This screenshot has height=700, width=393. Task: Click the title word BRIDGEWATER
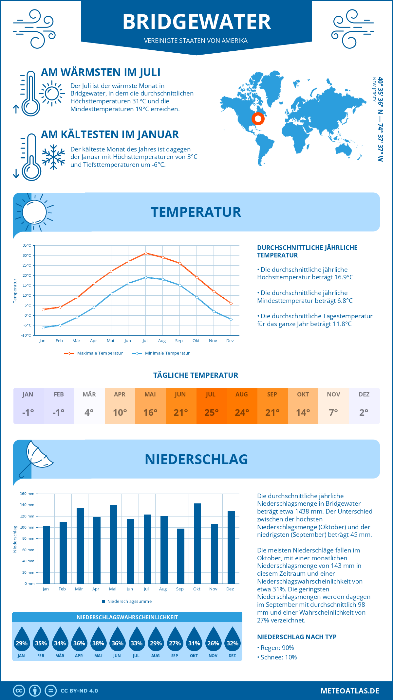(x=196, y=22)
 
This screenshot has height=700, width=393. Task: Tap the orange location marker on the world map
(x=258, y=119)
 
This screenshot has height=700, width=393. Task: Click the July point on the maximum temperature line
(x=146, y=253)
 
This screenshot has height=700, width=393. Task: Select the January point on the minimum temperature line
(x=43, y=327)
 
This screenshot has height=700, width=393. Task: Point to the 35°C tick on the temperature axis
(x=27, y=245)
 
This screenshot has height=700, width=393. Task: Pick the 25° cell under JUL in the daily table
(x=211, y=412)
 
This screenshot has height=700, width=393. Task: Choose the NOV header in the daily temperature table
(x=333, y=394)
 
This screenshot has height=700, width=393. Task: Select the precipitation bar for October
(x=197, y=543)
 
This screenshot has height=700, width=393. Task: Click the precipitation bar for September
(x=180, y=556)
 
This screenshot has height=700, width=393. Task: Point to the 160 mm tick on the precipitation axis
(x=27, y=494)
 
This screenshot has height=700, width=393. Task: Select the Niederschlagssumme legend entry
(x=129, y=602)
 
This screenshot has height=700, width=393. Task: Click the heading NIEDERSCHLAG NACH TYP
(x=297, y=637)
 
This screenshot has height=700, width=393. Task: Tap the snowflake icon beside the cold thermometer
(x=53, y=157)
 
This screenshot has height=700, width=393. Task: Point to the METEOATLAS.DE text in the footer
(x=350, y=691)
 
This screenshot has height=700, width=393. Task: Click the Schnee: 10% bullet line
(x=278, y=657)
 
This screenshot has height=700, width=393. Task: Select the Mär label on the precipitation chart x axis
(x=79, y=589)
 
